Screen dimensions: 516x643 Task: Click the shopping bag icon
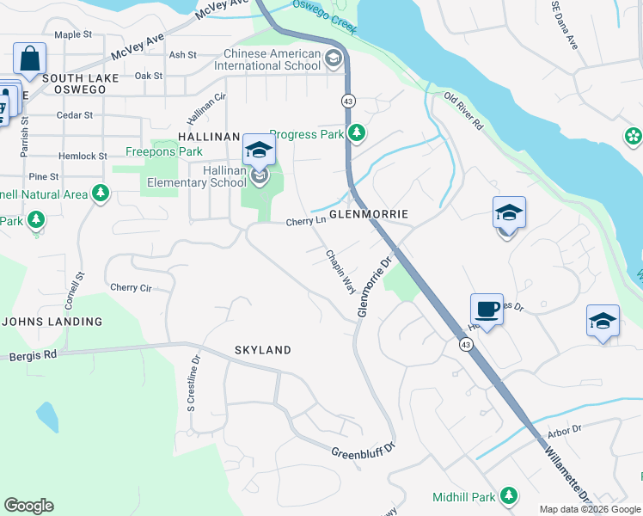29,60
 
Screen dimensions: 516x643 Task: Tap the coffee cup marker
487,309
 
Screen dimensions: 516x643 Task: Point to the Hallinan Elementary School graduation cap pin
258,151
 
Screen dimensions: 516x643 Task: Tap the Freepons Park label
164,152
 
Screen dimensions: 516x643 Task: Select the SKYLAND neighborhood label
263,350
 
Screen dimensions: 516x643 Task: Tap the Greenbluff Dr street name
362,450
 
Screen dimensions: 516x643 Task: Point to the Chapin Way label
340,272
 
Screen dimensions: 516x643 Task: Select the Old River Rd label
464,112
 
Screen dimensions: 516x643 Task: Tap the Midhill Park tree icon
510,496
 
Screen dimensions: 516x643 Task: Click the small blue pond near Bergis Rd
47,417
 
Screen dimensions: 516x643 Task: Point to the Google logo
28,506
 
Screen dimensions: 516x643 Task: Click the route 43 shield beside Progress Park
349,101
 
